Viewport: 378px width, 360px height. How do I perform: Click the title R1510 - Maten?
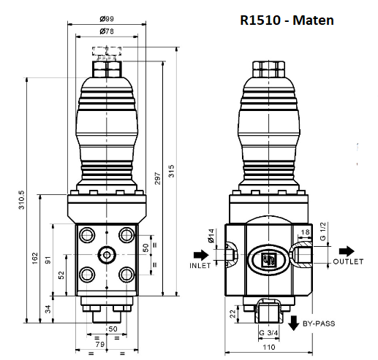287,20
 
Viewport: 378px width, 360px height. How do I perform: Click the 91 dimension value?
49,261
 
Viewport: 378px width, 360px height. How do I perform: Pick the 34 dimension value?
49,309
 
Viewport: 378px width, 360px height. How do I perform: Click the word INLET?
200,266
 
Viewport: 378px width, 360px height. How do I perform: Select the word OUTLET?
348,261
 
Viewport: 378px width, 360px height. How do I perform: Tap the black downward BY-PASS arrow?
293,322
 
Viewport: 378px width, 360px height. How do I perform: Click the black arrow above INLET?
200,255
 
